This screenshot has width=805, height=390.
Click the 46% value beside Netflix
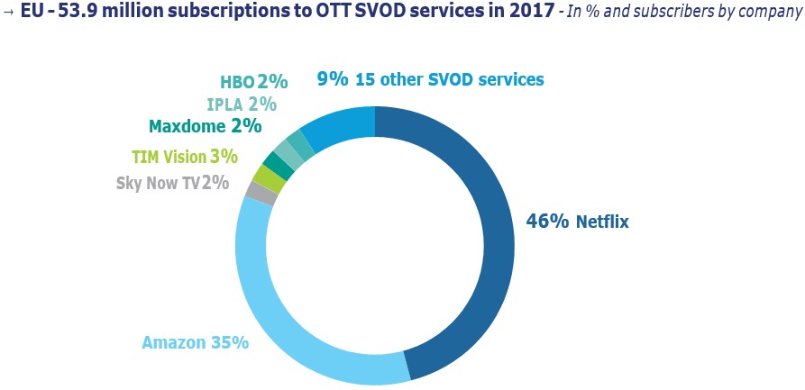tap(547, 221)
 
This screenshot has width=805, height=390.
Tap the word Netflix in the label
tap(602, 222)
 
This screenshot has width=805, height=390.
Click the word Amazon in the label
tap(175, 343)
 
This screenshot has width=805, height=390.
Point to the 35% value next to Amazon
tap(229, 343)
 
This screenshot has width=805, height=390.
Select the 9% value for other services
tap(332, 79)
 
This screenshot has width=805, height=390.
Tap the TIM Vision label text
tap(169, 157)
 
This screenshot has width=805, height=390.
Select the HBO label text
tap(237, 82)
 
